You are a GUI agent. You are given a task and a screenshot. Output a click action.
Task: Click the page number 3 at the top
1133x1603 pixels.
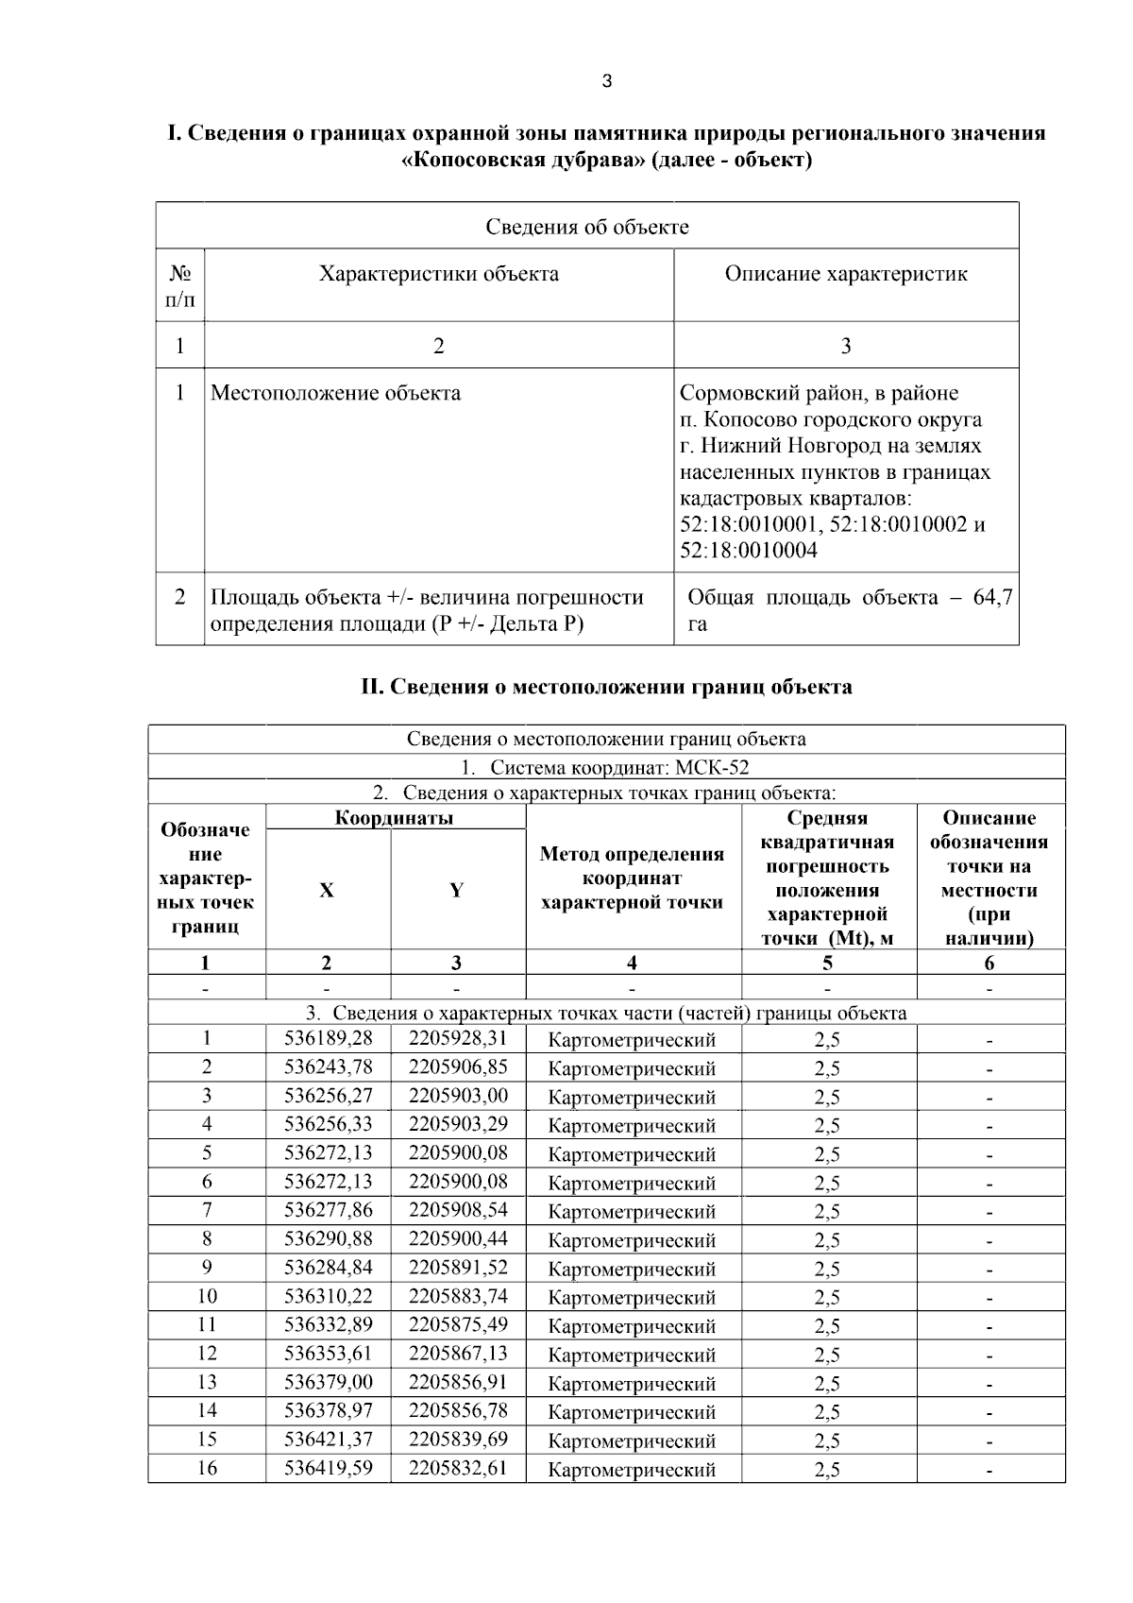(x=606, y=81)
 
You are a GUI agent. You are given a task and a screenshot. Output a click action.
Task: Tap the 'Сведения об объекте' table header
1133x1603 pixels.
(x=586, y=227)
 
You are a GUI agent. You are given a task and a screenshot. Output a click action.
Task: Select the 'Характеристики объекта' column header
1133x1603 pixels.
(x=438, y=274)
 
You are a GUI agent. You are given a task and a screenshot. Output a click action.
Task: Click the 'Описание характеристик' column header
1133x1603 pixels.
(x=845, y=274)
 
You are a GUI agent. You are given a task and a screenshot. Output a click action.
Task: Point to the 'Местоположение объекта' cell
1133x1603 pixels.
(x=335, y=393)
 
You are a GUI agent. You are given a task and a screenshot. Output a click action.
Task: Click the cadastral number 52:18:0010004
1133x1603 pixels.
(x=748, y=551)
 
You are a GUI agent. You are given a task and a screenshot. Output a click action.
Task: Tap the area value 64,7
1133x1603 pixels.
(x=992, y=598)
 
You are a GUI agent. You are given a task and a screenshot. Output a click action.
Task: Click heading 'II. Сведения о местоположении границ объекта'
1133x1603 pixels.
(x=606, y=687)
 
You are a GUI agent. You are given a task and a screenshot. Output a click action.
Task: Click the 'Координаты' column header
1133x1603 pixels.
(x=394, y=818)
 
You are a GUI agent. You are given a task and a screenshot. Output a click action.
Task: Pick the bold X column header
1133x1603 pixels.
(x=327, y=890)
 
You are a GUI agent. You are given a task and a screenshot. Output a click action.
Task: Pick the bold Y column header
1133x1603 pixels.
(x=457, y=890)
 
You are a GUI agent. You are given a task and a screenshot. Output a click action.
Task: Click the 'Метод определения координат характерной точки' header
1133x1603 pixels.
(x=632, y=878)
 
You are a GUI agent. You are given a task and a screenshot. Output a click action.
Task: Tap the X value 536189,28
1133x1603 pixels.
(x=328, y=1039)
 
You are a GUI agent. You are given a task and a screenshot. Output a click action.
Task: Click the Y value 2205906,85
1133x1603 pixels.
(x=458, y=1067)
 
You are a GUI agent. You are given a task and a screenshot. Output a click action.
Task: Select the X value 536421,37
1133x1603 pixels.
(x=328, y=1440)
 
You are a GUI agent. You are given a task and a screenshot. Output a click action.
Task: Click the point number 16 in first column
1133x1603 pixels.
(x=206, y=1468)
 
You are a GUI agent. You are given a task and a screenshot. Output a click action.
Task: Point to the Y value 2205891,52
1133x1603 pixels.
(x=458, y=1268)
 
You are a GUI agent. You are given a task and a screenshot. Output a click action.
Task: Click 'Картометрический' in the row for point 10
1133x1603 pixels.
(x=632, y=1298)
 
